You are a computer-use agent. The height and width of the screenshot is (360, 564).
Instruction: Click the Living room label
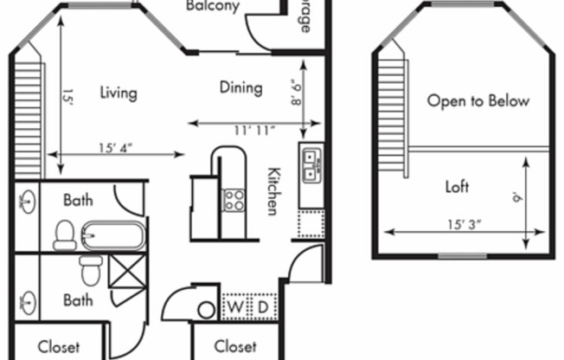[119, 93]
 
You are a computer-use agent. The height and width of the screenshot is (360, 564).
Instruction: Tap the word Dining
[240, 87]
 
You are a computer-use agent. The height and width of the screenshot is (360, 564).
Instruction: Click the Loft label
[457, 186]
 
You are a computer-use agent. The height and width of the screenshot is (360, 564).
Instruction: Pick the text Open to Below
[477, 101]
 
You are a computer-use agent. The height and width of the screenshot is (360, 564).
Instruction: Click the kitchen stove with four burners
[234, 200]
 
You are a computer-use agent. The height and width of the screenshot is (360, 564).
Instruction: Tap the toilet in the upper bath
[64, 235]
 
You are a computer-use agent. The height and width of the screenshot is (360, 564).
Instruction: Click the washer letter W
[235, 308]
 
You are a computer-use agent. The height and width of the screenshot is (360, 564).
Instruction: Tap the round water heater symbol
[207, 309]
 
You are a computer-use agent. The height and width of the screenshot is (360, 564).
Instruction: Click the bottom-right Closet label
[234, 346]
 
